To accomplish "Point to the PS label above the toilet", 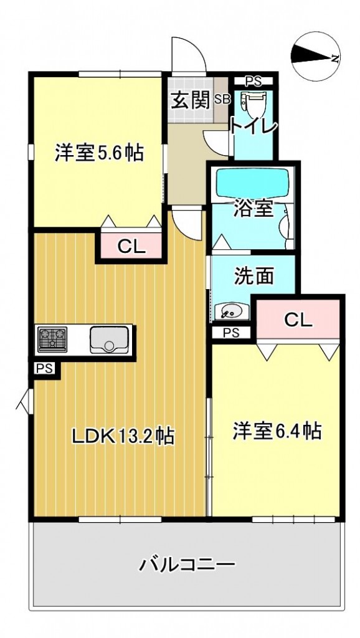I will (x=252, y=80).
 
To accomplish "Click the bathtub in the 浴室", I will (x=252, y=183).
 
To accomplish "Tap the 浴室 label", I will (x=253, y=209).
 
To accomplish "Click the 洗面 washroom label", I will (x=253, y=276).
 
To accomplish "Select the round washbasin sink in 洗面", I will (x=228, y=309).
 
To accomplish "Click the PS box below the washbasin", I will (x=230, y=332).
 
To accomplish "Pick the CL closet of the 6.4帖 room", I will (x=298, y=320).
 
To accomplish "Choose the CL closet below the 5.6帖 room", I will (x=131, y=247).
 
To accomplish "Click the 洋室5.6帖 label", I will (x=99, y=152).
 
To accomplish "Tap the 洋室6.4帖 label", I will (x=277, y=431).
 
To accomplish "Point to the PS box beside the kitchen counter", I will (x=44, y=369).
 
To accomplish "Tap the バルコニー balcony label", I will (x=186, y=565).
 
